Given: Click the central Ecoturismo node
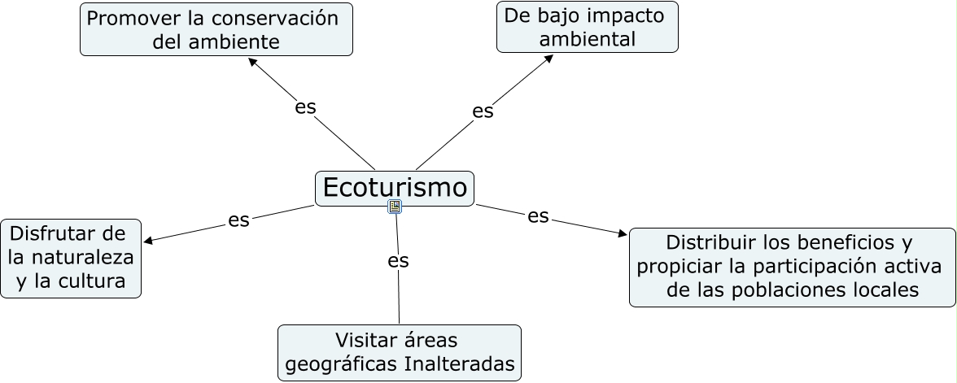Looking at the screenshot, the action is pos(395,188).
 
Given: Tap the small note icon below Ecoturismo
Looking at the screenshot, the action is pos(395,207).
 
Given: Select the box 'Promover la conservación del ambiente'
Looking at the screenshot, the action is pos(216,29).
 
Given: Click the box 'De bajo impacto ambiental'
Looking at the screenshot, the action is pos(587,27).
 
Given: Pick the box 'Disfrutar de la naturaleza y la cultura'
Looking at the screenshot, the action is pos(71,258).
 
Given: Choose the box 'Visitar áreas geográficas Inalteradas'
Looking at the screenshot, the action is pos(399,352).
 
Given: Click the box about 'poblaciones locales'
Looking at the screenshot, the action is pos(792,267).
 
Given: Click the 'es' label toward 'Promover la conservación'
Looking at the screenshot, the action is pos(305,107).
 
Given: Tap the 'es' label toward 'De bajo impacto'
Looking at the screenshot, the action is pos(483,111).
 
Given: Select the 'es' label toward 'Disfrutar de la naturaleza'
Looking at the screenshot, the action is pos(238,220).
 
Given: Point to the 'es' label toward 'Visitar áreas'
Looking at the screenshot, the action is pos(398,260).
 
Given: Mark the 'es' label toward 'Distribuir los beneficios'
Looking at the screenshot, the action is pos(538,215).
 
